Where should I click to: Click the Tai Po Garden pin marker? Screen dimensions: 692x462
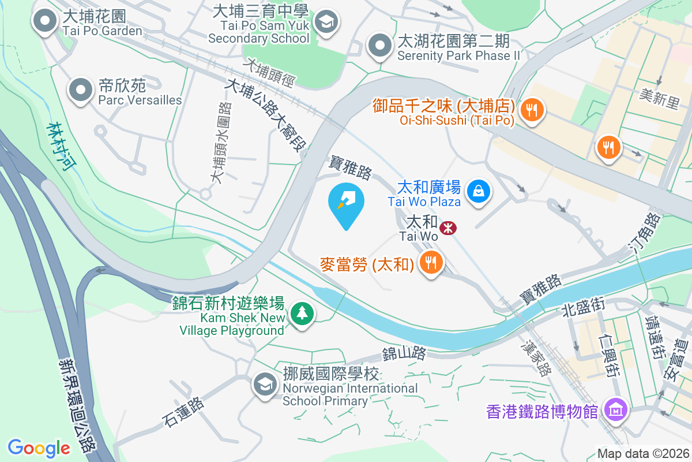44,23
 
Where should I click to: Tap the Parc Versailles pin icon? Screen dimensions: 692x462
81,91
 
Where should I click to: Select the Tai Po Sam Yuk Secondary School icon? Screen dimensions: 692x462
327,23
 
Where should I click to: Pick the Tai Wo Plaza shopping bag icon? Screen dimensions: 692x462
478,190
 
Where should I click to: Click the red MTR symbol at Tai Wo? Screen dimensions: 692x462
448,228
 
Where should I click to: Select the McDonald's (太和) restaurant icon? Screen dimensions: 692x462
430,263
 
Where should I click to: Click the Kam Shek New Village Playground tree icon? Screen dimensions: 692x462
302,314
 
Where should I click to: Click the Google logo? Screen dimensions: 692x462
39,448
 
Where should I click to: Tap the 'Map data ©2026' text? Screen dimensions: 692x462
642,453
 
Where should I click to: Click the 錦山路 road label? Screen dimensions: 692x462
404,352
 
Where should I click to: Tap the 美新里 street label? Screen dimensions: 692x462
660,98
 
